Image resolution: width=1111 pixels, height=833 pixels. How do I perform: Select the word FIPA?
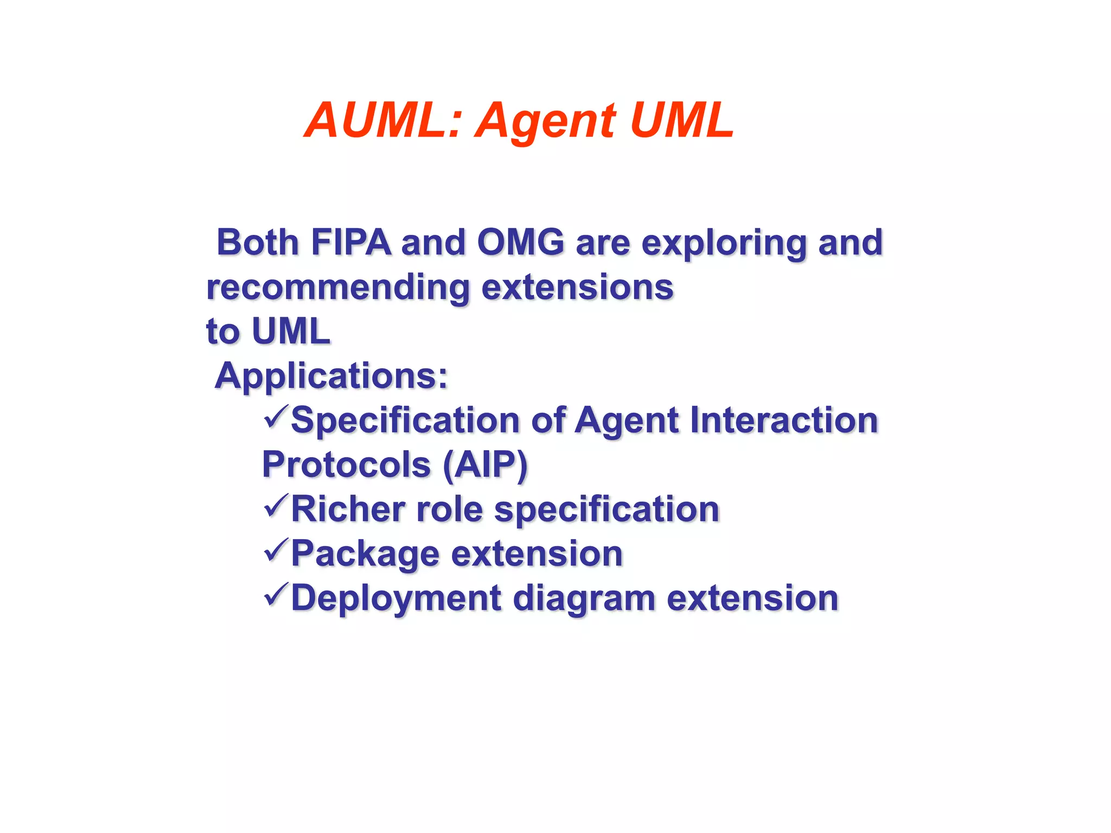(350, 242)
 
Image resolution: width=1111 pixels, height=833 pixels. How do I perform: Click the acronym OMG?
(521, 242)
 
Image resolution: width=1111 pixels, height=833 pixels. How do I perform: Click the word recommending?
(338, 287)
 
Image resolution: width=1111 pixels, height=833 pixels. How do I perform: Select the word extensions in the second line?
(577, 287)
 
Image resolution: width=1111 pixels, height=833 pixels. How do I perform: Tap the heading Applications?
(331, 376)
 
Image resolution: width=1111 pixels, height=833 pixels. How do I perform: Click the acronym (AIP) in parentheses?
(485, 465)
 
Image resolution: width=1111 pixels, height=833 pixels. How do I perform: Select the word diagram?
(584, 599)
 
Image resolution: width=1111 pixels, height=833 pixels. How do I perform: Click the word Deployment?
(396, 599)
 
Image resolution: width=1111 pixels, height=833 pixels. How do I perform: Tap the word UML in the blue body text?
(291, 331)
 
